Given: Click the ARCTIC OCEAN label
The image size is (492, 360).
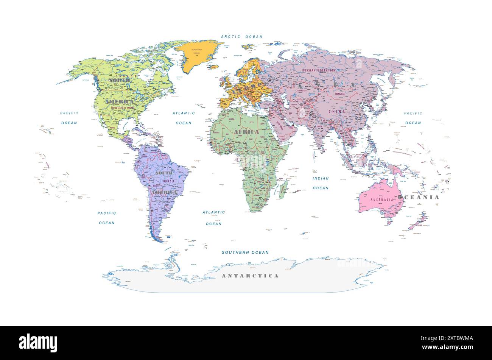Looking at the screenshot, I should coord(241,37).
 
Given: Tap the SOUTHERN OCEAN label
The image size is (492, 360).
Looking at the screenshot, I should coord(245,252).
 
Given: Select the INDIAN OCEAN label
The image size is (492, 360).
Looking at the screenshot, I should coord(321,183).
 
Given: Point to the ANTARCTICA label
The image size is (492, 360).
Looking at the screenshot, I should coord(250,276).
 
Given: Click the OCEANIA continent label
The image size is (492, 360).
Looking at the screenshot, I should coord(418,197).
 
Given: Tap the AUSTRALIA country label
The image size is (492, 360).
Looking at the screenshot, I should coord(381,199).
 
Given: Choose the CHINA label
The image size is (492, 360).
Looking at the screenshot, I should coord(337,112).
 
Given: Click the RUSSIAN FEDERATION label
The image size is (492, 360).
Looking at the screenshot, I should coord(319,70).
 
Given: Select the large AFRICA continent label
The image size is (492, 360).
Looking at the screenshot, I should coord(246,132).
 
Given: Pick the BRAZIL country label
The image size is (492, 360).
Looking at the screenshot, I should coord(169,181).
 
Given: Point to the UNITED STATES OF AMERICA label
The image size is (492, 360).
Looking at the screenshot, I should coord(123,108).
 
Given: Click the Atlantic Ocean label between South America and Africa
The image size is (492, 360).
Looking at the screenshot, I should coord(213,218).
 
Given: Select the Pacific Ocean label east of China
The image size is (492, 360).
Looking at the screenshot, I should coord(413,118).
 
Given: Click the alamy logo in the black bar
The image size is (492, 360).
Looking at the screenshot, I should coord(38,343).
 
